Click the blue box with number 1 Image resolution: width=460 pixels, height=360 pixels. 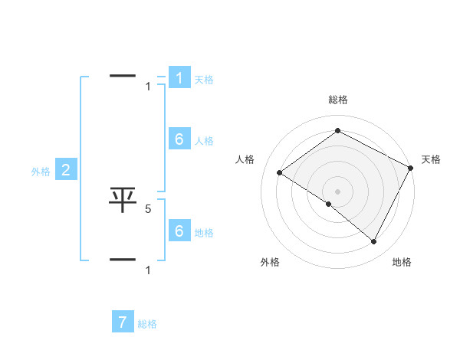[x=179, y=77]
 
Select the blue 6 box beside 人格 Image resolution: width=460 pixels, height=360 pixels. [x=179, y=139]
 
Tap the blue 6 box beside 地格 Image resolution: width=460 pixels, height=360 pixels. [x=179, y=231]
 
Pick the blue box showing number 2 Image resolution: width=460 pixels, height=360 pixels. [x=66, y=170]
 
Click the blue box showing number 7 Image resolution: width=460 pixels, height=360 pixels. [x=123, y=322]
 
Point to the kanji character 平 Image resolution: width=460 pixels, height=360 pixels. [x=123, y=200]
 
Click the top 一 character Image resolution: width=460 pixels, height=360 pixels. [x=123, y=76]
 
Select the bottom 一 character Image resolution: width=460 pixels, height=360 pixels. [x=123, y=260]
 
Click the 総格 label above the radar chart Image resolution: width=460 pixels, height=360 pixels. [x=337, y=100]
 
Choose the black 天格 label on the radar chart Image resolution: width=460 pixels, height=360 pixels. [x=431, y=159]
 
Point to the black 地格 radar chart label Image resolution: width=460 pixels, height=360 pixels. [x=402, y=262]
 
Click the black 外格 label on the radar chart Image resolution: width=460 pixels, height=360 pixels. [x=270, y=262]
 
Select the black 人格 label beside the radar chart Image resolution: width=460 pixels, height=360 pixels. [x=245, y=159]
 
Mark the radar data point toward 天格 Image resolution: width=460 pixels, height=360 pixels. [x=410, y=168]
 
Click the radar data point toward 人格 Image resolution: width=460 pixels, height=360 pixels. [x=280, y=173]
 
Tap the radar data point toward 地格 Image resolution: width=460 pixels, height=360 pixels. [x=374, y=242]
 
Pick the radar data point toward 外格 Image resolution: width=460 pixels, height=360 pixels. [x=329, y=205]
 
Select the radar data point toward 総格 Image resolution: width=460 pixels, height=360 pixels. [x=337, y=131]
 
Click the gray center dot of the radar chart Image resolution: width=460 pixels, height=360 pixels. [x=337, y=191]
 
